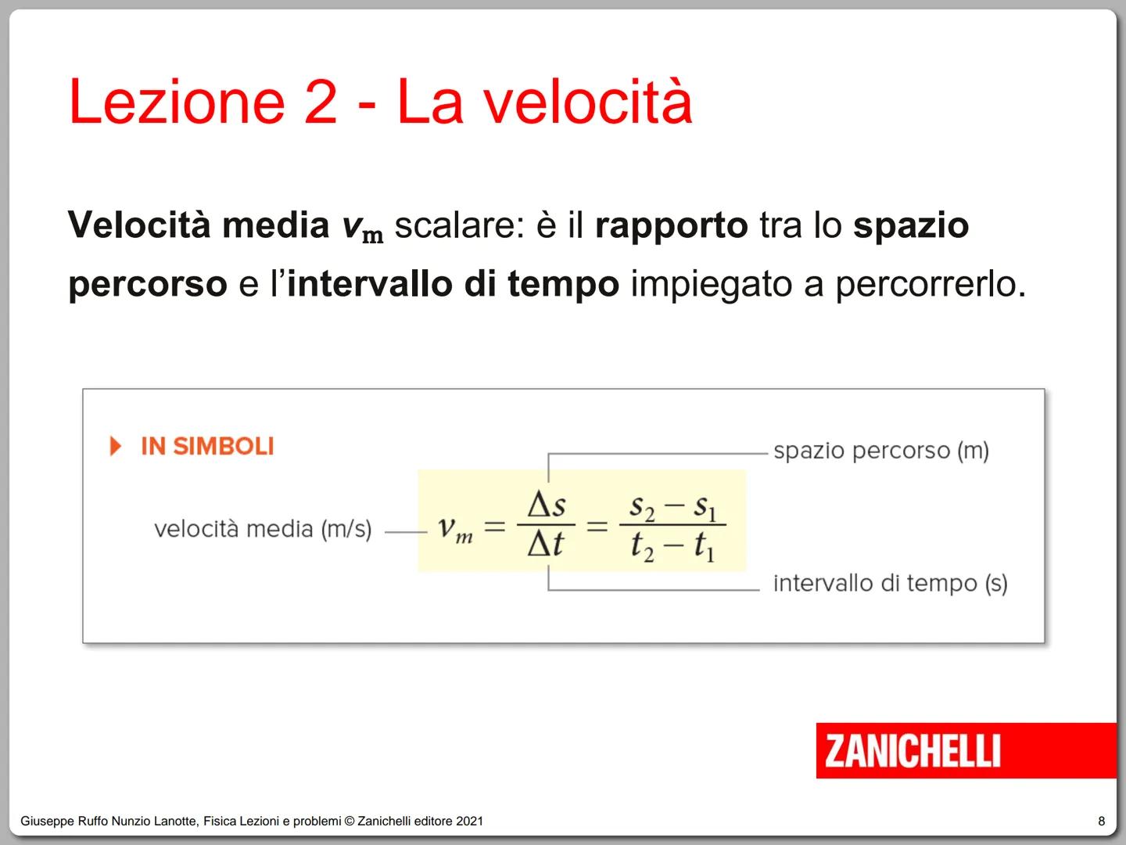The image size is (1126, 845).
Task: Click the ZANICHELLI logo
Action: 912,751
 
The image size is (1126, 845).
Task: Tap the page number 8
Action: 1102,821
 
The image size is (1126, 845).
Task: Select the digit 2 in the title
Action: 320,102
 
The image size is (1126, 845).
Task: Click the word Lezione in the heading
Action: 177,102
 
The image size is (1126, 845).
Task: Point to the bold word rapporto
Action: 671,226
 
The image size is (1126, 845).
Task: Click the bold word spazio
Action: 911,226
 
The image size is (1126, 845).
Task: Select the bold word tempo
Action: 563,284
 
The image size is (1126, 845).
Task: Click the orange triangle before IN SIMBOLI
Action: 116,447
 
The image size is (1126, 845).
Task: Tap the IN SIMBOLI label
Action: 207,447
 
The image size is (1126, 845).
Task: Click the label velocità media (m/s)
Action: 263,530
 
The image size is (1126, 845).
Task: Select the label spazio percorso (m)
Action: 881,451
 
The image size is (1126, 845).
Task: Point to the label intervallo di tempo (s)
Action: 890,584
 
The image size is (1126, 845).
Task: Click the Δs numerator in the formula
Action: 547,505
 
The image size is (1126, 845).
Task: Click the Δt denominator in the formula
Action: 546,543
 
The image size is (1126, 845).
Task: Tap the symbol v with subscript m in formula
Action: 454,528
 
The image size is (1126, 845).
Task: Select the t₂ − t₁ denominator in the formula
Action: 672,545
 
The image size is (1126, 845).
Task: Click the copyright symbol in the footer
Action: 350,822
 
